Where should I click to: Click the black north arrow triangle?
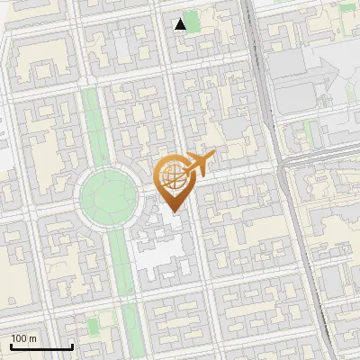pos(181,23)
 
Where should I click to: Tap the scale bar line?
pos(41,346)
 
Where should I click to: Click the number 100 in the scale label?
pos(18,338)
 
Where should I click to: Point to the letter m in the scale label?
pos(32,338)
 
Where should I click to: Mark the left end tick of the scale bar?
pos(11,345)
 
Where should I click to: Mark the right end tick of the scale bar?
pos(72,345)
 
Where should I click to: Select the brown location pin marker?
pos(173,182)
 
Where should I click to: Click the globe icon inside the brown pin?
pos(172,176)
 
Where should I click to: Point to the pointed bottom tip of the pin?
pos(173,211)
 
